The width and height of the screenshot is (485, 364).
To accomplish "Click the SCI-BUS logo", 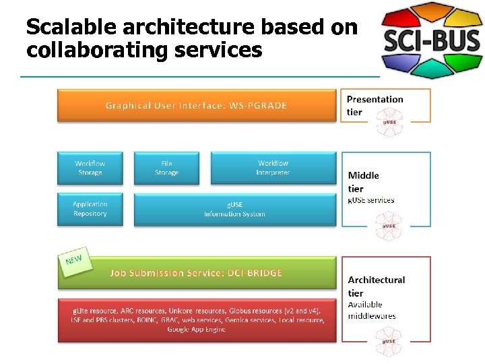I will [x=431, y=40].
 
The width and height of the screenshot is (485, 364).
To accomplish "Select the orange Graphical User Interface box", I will [x=196, y=105].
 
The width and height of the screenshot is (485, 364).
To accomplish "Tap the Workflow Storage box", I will [x=90, y=168].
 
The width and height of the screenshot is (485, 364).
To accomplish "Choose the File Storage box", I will [x=166, y=168].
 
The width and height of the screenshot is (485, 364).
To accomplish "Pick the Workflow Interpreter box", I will [x=273, y=168].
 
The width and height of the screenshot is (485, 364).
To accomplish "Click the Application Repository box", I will [x=90, y=209].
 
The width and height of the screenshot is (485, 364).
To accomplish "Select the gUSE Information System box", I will [x=234, y=209].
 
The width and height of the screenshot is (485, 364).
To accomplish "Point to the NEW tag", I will [x=75, y=259].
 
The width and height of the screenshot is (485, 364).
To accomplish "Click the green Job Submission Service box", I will [x=196, y=272].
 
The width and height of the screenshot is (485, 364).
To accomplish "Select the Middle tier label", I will [x=364, y=182].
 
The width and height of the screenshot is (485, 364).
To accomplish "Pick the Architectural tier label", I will [x=376, y=286].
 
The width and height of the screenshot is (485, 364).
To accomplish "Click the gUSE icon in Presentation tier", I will [x=389, y=122].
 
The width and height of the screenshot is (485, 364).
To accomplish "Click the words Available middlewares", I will [x=371, y=310].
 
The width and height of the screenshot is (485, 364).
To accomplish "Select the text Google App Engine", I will [x=196, y=329].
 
